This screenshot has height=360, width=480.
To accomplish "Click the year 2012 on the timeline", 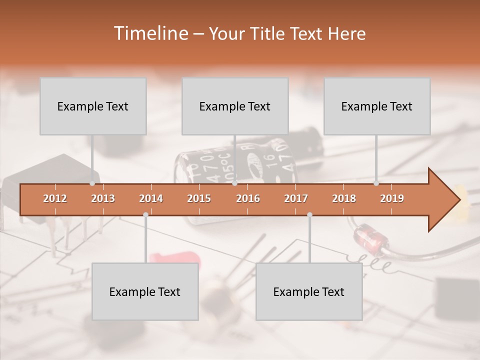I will click(55, 198).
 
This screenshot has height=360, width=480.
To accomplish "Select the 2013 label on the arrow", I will click(103, 198).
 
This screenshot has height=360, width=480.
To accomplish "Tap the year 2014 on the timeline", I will click(151, 198).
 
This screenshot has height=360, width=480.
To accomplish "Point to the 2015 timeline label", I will click(199, 198).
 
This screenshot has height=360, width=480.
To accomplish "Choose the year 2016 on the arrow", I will click(248, 198).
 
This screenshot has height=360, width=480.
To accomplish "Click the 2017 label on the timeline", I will click(296, 198).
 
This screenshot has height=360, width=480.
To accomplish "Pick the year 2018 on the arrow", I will click(344, 198).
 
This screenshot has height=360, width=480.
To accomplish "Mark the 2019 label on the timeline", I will click(392, 198).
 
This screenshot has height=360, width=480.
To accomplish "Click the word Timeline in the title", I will click(150, 33).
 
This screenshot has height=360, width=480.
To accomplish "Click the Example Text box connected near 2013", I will click(93, 106).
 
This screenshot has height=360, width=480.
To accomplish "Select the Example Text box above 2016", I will click(235, 106).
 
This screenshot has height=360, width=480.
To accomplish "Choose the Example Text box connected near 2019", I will click(377, 106).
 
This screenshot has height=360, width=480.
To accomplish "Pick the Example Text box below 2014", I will click(145, 291).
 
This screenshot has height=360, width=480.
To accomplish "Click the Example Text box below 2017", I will click(309, 291).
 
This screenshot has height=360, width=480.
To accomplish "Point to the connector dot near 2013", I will click(92, 183).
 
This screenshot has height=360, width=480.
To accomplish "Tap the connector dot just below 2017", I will click(309, 214).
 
